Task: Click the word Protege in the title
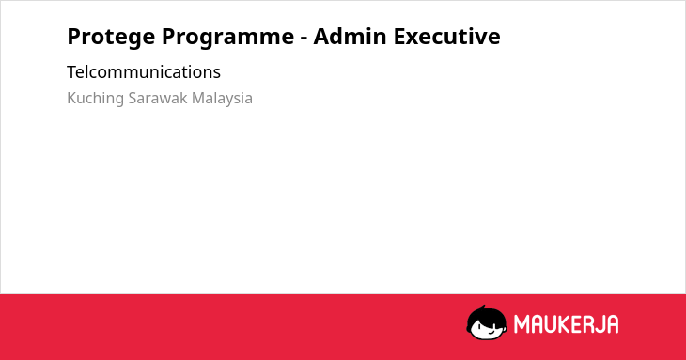tap(111, 38)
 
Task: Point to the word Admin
tap(350, 36)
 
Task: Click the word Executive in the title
tap(446, 36)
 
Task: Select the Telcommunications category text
tap(144, 72)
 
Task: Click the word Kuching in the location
tap(95, 99)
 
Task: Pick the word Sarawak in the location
tap(158, 98)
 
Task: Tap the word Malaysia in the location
tap(222, 99)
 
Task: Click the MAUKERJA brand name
tap(566, 324)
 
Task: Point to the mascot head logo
tap(487, 322)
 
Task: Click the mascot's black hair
tap(486, 315)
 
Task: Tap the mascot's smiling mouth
tap(490, 333)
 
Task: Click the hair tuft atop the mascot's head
tap(483, 307)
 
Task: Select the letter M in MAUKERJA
tap(522, 324)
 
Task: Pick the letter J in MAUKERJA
tap(600, 324)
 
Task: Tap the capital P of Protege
tap(75, 37)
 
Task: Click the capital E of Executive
tap(400, 37)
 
